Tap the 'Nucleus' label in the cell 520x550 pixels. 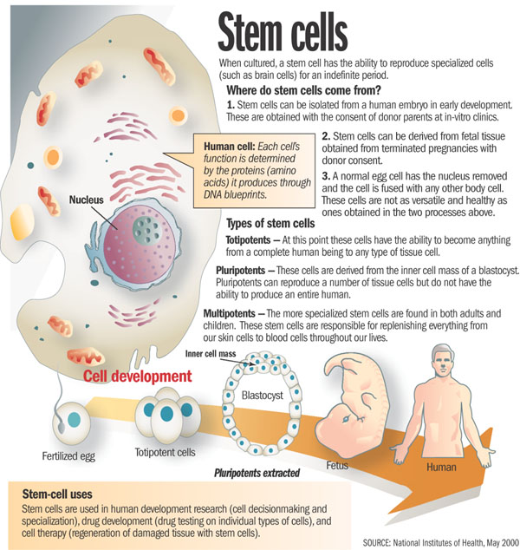pyautogui.click(x=87, y=200)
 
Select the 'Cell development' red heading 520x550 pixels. pyautogui.click(x=137, y=376)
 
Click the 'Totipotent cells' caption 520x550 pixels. pyautogui.click(x=166, y=452)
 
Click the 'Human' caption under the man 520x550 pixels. pyautogui.click(x=440, y=467)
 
